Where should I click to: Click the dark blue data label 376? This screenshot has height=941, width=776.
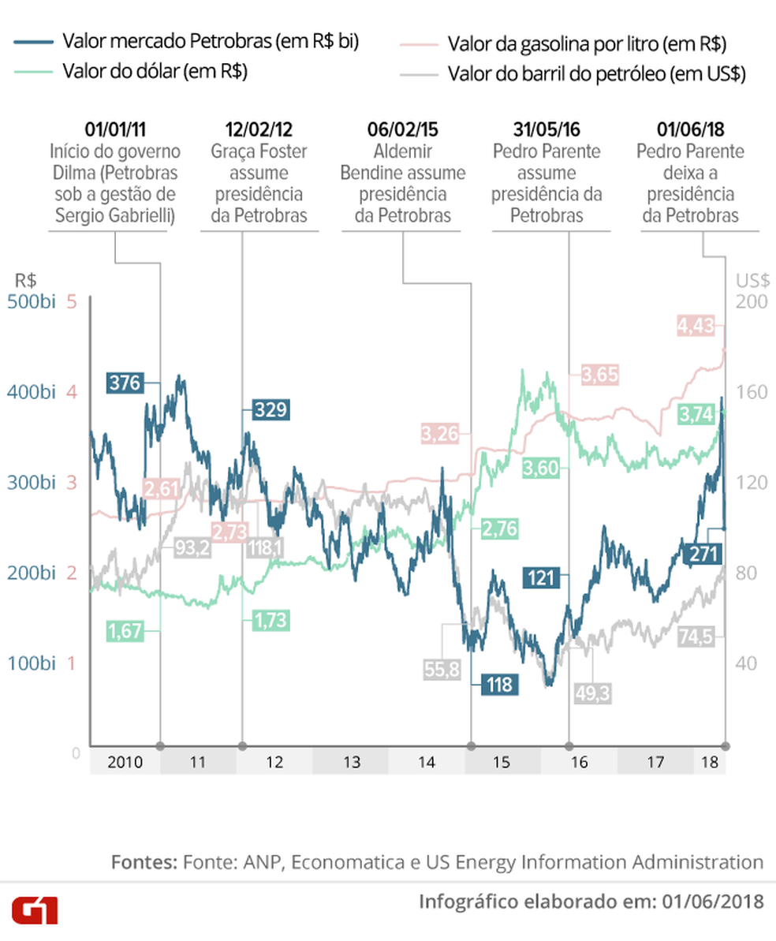tap(125, 383)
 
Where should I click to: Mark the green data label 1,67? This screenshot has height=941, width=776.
tap(125, 630)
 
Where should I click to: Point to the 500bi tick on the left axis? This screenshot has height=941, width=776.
tap(32, 302)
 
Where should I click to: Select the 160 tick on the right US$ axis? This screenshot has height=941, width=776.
tap(750, 392)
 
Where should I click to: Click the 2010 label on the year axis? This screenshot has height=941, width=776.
tap(125, 763)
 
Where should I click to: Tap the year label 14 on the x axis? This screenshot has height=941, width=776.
tap(427, 763)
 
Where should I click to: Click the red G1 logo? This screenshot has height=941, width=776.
tap(34, 911)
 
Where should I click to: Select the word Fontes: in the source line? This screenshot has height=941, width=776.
tap(144, 861)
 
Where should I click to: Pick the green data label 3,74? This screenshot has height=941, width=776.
tap(699, 413)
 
